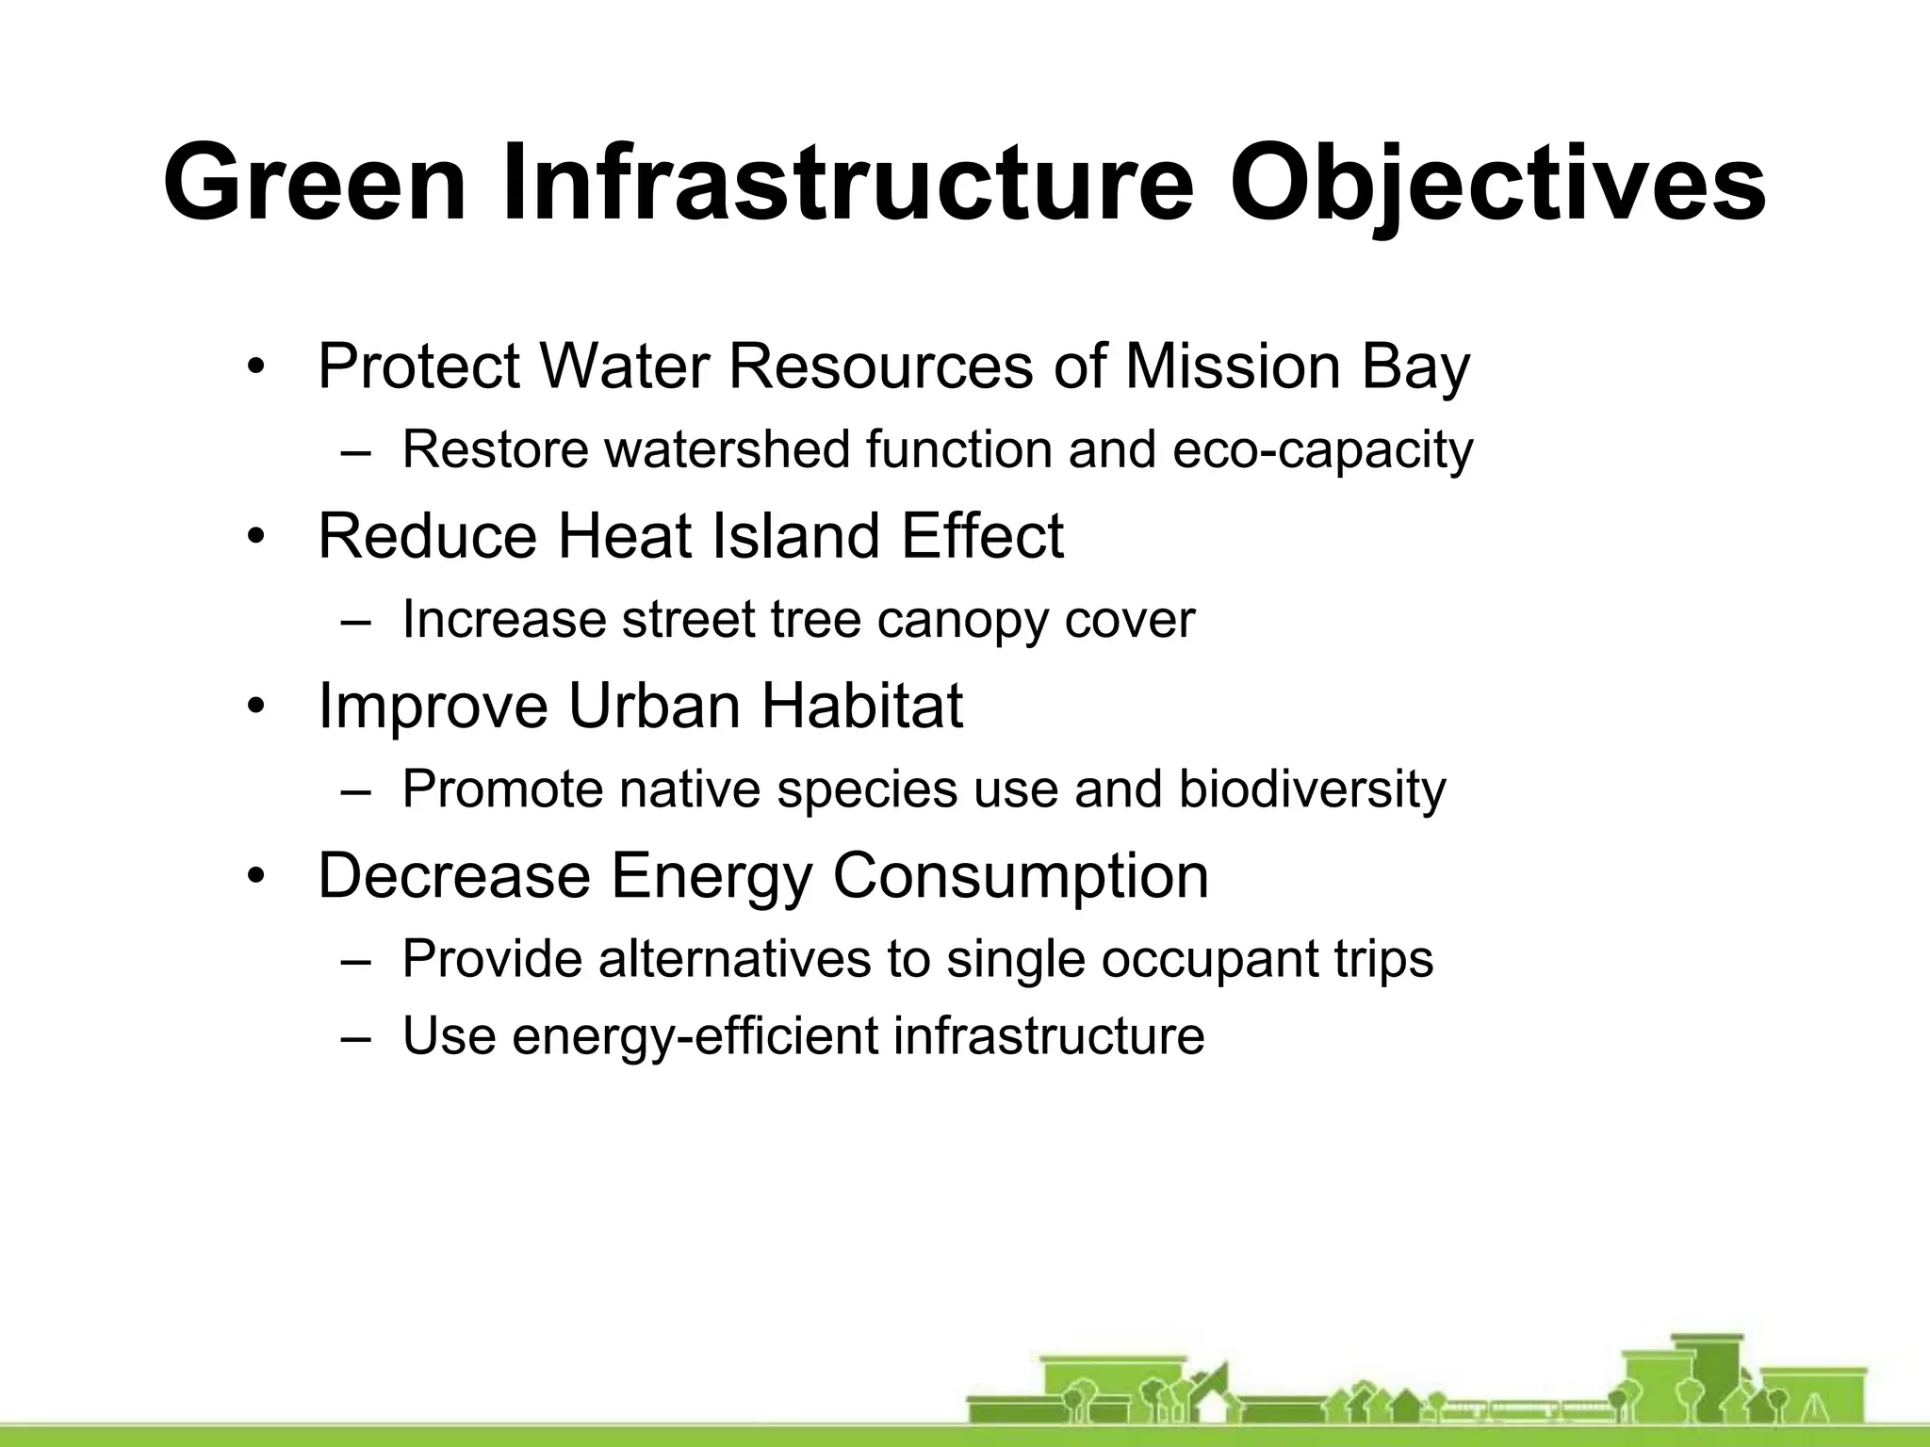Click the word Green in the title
tap(315, 183)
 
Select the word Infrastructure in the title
tap(847, 183)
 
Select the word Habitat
tap(861, 706)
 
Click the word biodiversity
tap(1311, 789)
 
